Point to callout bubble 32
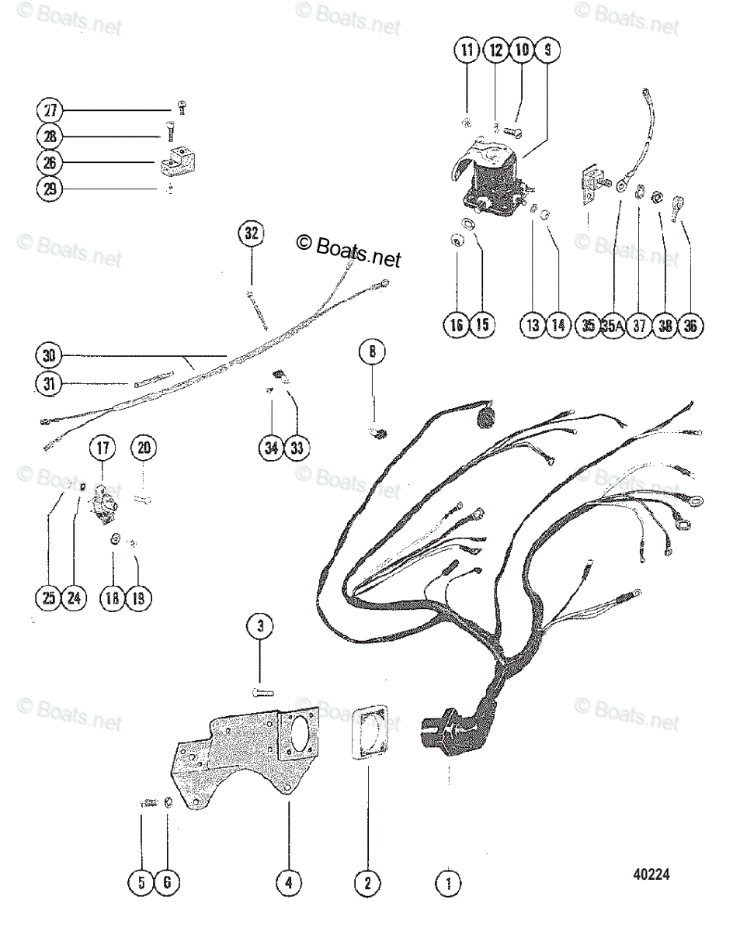(251, 234)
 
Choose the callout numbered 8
(372, 354)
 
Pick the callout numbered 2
(367, 882)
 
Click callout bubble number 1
(448, 882)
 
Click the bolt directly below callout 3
(261, 690)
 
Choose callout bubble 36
(690, 325)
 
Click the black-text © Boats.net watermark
(349, 250)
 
